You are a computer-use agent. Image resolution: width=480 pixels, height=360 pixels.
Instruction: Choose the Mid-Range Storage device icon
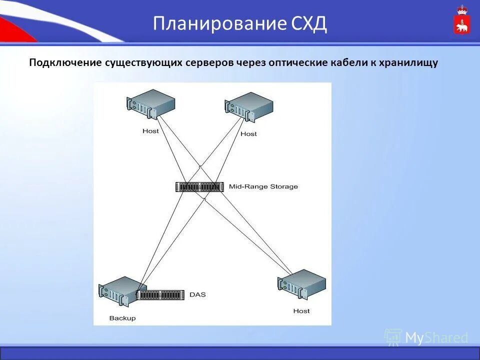(x=199, y=187)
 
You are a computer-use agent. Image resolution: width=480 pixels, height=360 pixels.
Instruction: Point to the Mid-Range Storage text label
(x=263, y=187)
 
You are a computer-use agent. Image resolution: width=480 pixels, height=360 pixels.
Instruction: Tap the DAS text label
(x=197, y=295)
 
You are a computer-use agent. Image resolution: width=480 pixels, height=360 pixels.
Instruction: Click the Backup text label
(x=122, y=318)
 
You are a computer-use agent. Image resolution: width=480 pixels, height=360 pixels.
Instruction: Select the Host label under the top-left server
(x=150, y=131)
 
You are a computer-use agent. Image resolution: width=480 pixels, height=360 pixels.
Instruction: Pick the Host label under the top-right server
(x=248, y=134)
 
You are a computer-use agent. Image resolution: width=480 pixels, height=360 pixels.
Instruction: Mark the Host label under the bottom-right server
(x=301, y=311)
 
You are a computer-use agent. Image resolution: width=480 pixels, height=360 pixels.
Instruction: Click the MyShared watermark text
(x=436, y=338)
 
